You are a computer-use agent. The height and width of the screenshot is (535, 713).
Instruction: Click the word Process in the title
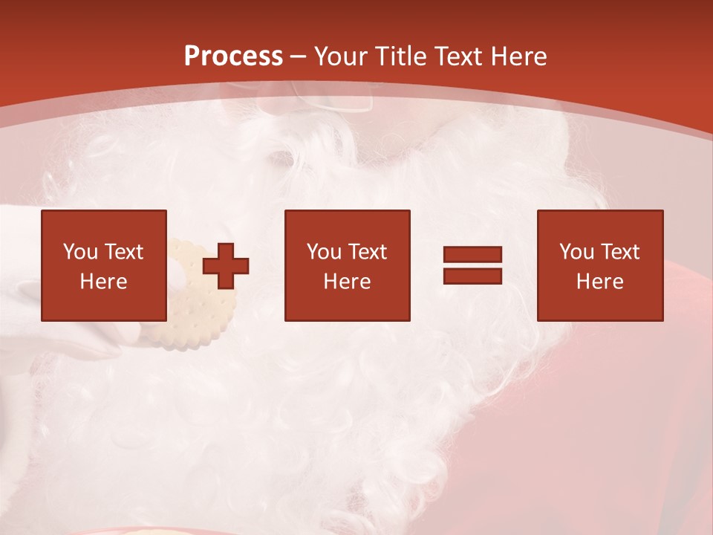pos(233,56)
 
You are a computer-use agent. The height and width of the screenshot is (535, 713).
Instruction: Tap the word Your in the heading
pos(342,56)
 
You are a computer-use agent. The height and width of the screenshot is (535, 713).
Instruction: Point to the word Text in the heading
pos(459,56)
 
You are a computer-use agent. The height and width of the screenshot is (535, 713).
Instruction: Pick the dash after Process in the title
pos(299,57)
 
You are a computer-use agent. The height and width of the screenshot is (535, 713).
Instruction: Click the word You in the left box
pos(80,252)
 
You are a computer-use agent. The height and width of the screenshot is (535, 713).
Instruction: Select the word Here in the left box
pos(103,282)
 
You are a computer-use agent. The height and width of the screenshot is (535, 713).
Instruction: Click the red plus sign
pos(226,265)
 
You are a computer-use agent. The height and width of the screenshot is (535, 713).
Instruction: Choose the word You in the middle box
pos(324,252)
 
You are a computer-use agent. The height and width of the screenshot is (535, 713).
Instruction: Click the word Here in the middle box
pos(347,282)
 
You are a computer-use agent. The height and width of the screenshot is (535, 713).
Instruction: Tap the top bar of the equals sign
pos(472,255)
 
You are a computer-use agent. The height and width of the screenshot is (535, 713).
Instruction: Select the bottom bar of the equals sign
pos(472,276)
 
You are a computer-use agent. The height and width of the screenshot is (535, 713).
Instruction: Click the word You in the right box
pos(576,252)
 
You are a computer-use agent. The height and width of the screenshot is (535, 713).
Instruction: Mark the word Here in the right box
pos(599,282)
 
